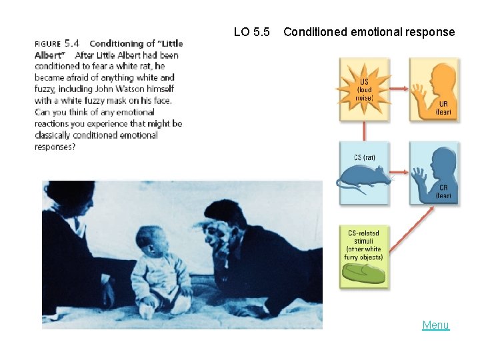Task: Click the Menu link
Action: click(x=435, y=325)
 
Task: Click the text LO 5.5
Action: click(x=252, y=31)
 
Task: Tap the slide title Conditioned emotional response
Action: click(x=369, y=31)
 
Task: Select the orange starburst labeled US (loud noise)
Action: click(x=364, y=89)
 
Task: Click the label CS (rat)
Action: click(x=364, y=158)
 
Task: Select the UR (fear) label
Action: click(x=443, y=109)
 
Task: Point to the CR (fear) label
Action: click(x=443, y=192)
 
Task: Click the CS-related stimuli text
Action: click(x=364, y=245)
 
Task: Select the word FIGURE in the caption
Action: click(x=48, y=44)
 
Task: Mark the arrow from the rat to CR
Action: click(x=400, y=176)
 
